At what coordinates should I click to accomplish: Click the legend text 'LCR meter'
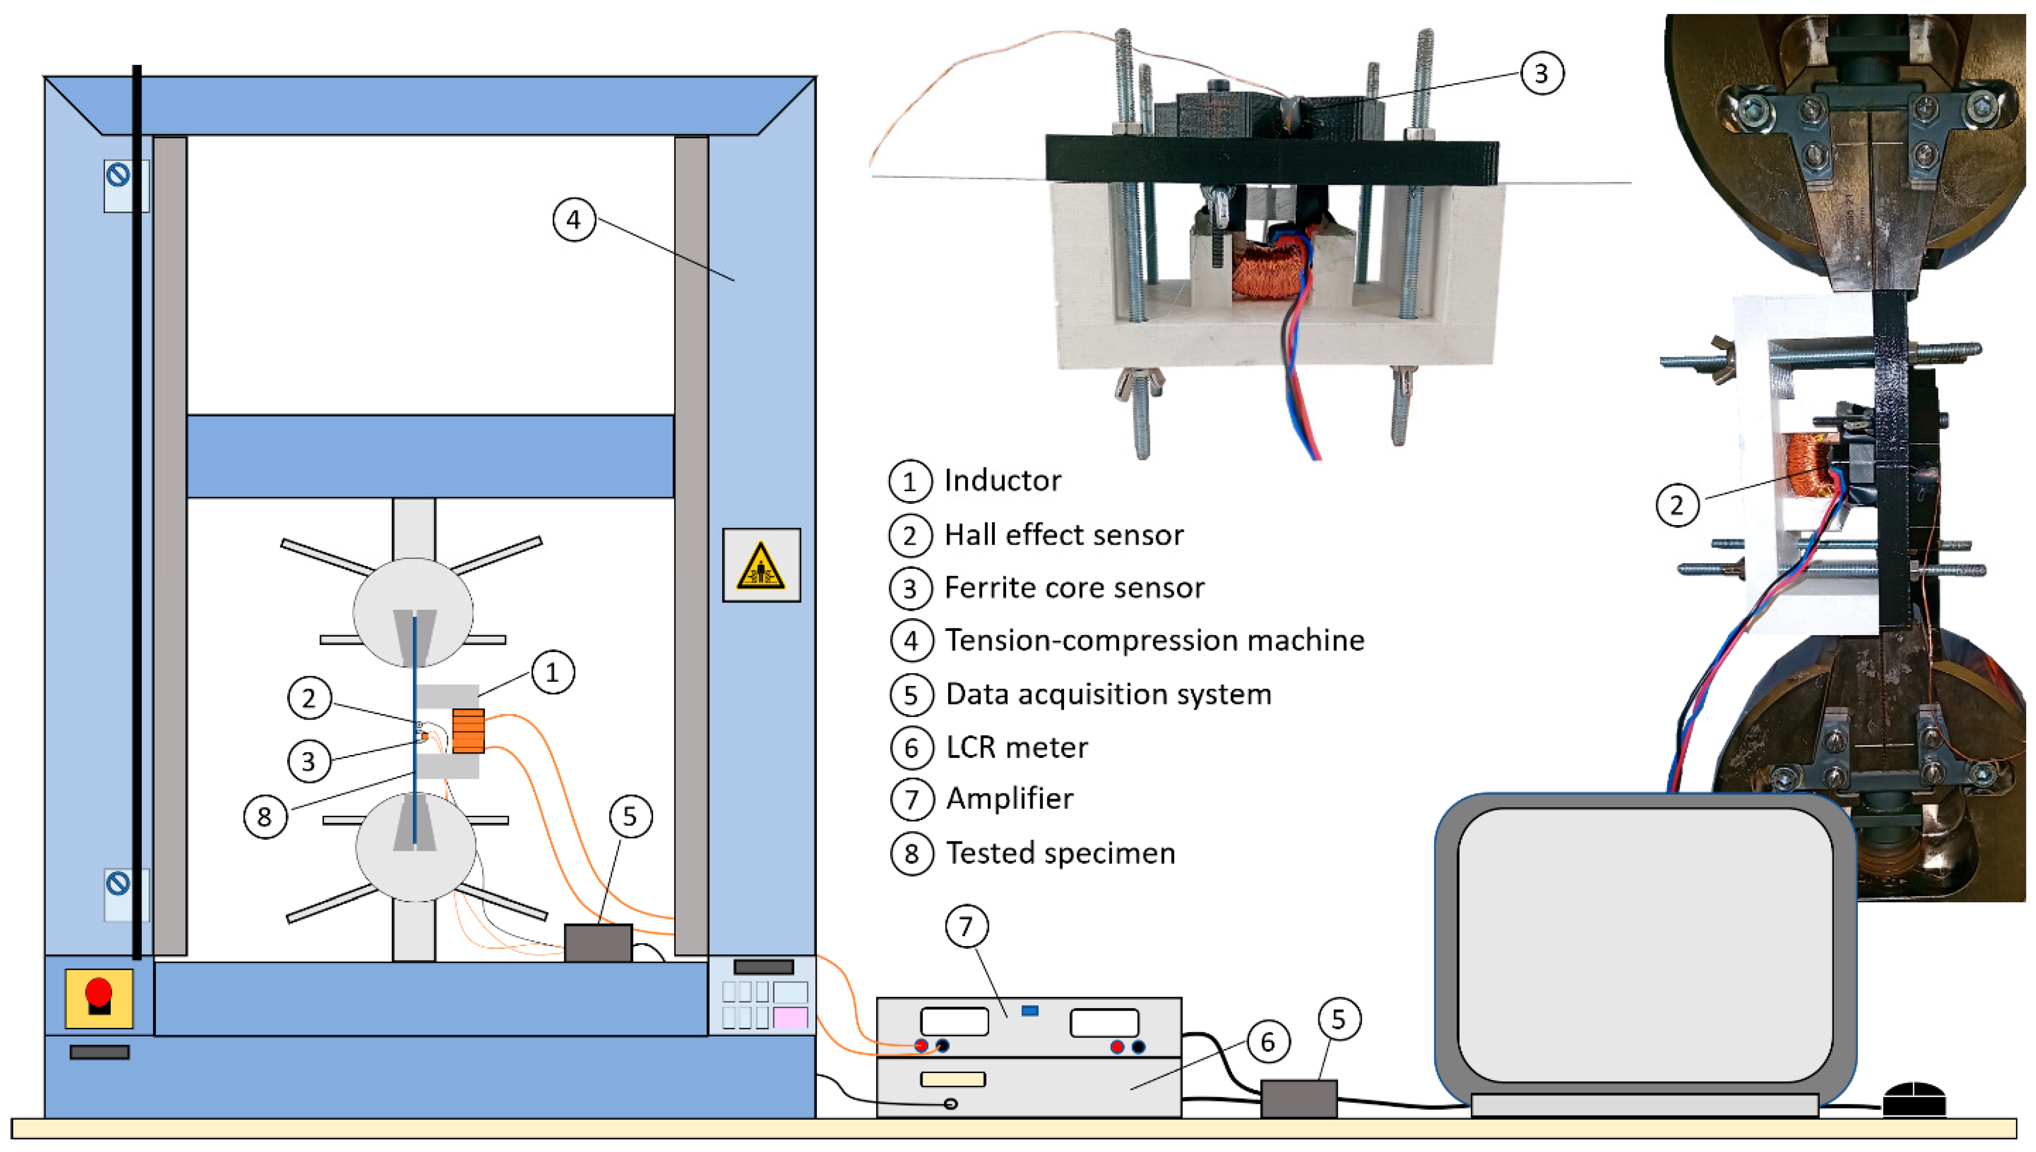click(1017, 747)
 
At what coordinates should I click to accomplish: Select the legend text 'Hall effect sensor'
click(1064, 535)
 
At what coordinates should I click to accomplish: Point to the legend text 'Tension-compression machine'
click(1155, 640)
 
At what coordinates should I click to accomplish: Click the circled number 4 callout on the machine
click(574, 220)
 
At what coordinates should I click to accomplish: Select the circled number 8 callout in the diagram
click(264, 817)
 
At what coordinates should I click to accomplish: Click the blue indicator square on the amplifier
click(1029, 1011)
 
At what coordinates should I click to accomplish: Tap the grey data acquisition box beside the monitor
click(1298, 1098)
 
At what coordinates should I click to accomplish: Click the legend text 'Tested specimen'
click(1060, 853)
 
